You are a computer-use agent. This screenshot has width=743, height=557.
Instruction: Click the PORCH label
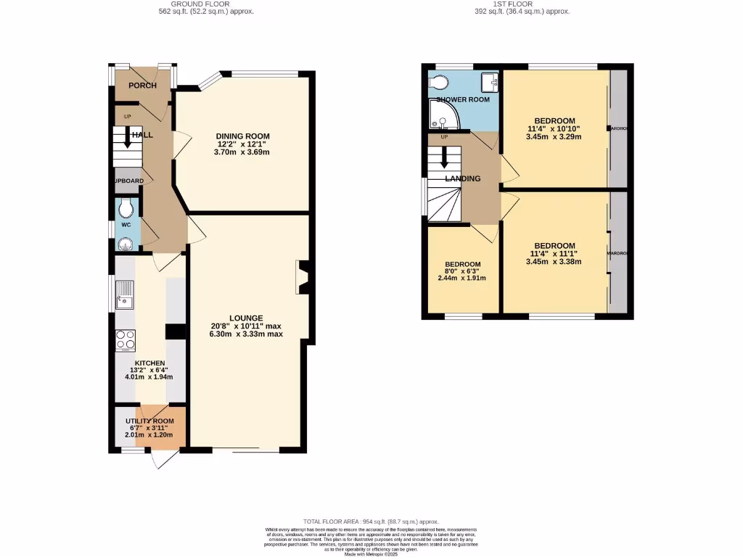point(142,86)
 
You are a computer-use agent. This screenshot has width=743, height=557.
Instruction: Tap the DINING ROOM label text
point(242,136)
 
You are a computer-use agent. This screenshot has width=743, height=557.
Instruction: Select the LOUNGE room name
point(245,318)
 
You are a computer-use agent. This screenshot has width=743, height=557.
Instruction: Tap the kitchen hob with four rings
point(125,339)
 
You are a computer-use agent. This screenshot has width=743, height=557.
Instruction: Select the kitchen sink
point(125,294)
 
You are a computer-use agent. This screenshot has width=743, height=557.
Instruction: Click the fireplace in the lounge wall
point(303,278)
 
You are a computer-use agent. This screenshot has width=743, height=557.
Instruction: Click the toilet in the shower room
point(440,81)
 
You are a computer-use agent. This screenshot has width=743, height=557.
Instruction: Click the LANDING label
point(463,178)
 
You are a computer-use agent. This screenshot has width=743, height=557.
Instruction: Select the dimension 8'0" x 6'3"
point(462,271)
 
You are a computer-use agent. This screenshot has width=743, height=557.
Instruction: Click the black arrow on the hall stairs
point(128,137)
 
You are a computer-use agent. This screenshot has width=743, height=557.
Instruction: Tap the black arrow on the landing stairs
point(443,157)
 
